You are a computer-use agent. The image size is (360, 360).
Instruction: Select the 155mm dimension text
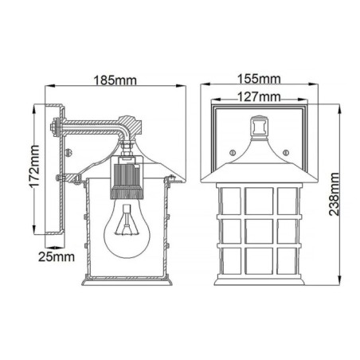259,78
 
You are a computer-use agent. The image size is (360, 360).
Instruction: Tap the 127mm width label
259,96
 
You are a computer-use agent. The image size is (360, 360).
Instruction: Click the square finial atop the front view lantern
257,125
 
